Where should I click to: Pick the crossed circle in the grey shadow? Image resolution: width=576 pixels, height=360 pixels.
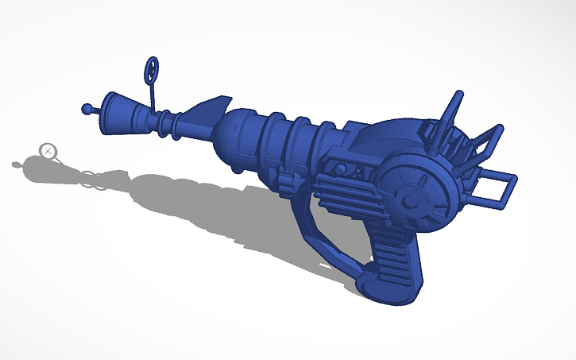(x=48, y=149)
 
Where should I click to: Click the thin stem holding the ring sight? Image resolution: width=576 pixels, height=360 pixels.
(x=153, y=95)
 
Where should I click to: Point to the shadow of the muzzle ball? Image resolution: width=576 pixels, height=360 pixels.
(x=17, y=165)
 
